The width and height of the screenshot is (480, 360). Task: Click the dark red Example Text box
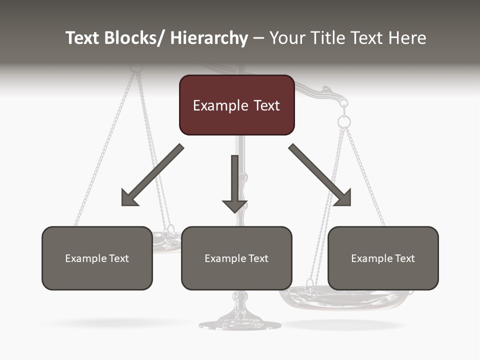coord(236,105)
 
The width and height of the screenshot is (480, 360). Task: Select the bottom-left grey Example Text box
coord(97,258)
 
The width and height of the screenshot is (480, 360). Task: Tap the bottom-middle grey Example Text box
coord(236,258)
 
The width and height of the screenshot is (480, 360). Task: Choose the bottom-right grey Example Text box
coord(383,258)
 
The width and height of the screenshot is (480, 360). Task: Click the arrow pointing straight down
coord(234,182)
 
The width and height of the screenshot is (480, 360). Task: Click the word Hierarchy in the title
coord(209,38)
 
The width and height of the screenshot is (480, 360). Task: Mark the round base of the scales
coord(240,324)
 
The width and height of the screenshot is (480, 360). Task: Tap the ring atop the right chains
coord(344,121)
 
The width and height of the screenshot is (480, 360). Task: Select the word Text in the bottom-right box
coord(404,258)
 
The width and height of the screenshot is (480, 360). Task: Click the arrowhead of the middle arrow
coord(234,205)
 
